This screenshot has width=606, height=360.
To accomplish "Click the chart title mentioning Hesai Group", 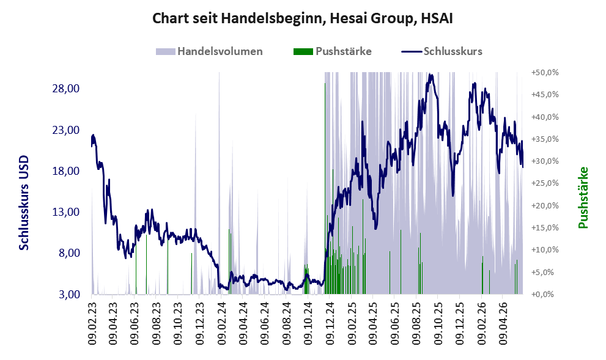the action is coord(302,18).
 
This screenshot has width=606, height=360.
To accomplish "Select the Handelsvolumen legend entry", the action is coord(209,51).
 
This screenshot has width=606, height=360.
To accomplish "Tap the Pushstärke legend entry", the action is coord(333,51).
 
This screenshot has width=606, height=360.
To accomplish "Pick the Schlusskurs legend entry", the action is coord(442,51).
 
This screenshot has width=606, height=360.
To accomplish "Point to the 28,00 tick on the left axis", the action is coord(65,89).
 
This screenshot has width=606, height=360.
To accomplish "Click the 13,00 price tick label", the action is coord(65,212).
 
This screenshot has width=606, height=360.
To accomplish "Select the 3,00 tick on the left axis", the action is coord(69,295).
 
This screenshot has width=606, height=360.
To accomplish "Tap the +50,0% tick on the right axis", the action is coord(545,73).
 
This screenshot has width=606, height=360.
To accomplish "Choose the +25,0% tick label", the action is coord(545,183).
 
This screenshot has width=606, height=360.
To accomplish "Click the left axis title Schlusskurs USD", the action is coord(24,203).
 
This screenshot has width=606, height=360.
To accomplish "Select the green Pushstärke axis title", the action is coord(583,198).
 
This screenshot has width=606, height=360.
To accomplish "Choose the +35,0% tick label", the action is coord(545,139).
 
